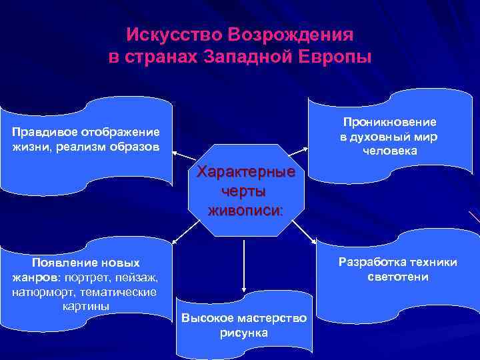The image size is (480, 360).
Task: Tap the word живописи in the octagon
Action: click(x=245, y=211)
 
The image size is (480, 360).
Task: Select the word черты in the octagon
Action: click(x=245, y=192)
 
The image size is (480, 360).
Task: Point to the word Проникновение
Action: click(x=389, y=122)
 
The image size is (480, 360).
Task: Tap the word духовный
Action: click(x=389, y=137)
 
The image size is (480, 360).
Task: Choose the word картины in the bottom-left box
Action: click(x=85, y=306)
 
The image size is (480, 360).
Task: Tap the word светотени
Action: click(x=397, y=277)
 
